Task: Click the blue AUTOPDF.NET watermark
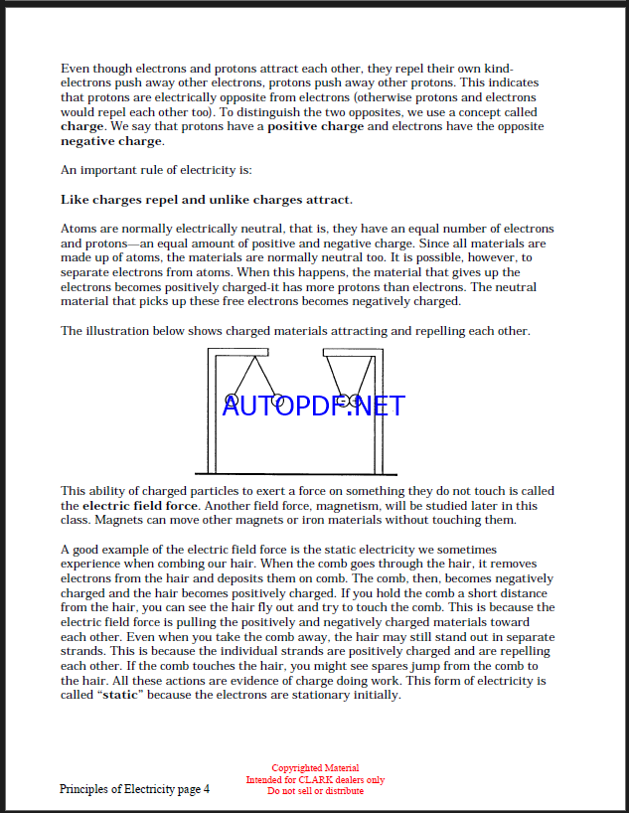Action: (x=314, y=406)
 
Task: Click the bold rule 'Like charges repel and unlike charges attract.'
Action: (x=207, y=200)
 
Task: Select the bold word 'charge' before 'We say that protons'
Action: (x=81, y=127)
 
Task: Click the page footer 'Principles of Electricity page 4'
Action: (x=134, y=789)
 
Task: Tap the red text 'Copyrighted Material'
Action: (x=315, y=768)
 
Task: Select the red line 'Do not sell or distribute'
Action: (x=315, y=791)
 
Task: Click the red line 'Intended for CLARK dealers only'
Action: (x=315, y=780)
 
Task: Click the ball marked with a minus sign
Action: (x=342, y=401)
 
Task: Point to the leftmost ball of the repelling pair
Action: (x=232, y=400)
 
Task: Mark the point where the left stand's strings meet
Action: (x=253, y=355)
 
